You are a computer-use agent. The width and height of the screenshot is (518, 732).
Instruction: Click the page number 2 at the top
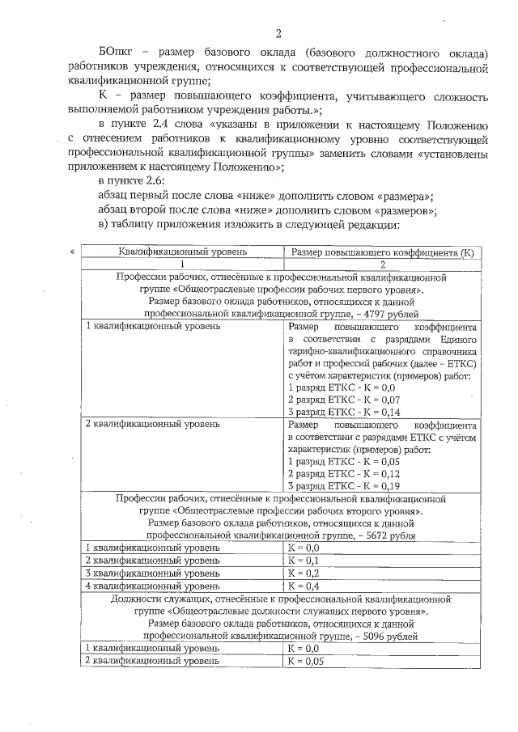coord(278,33)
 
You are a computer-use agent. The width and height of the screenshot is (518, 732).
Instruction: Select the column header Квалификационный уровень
coord(183,252)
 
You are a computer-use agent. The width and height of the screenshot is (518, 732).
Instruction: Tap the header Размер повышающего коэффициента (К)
coord(380,252)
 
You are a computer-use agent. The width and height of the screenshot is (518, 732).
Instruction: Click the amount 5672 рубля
coord(391,535)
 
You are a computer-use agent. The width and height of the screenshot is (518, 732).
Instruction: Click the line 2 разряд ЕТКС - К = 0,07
coord(344,400)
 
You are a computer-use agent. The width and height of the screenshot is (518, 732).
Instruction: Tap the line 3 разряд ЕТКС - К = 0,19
coord(344,485)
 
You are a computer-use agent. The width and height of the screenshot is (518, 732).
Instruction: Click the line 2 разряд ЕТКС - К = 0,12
coord(344,473)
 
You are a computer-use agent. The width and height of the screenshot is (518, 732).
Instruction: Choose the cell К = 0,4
coord(304,585)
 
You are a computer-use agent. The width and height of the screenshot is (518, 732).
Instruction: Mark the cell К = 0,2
coord(304,573)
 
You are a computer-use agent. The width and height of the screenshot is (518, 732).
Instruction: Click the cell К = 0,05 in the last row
coord(307,661)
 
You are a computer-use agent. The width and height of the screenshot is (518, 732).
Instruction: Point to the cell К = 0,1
coord(304,560)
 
